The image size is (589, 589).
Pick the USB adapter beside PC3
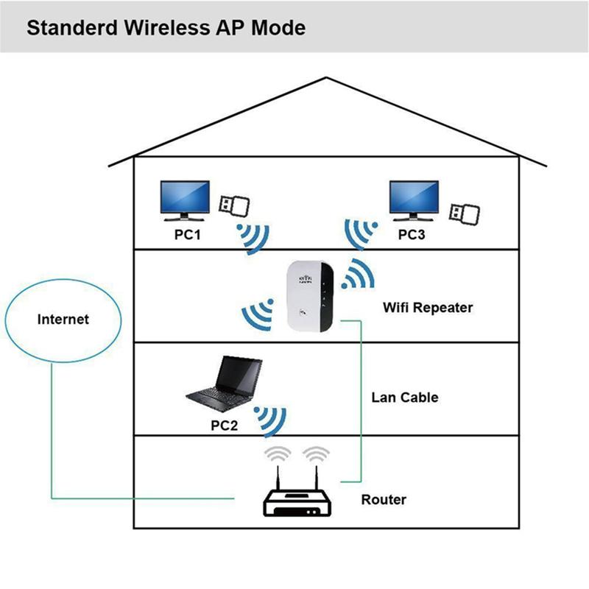click(x=465, y=211)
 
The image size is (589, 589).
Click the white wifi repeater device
click(x=308, y=299)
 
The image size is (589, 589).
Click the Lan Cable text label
click(x=404, y=398)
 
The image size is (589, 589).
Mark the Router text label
click(x=383, y=500)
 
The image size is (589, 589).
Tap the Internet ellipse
click(x=63, y=320)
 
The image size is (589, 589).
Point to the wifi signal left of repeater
click(x=255, y=314)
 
